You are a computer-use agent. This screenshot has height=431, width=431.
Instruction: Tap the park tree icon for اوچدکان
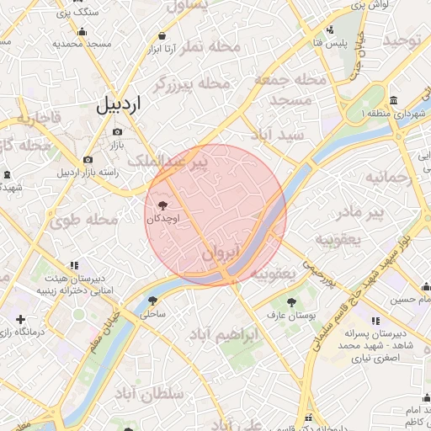[162, 205]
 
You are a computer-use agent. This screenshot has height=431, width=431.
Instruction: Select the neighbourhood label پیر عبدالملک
[177, 163]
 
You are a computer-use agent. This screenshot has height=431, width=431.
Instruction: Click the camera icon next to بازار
[117, 131]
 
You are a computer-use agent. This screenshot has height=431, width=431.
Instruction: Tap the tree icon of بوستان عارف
[290, 301]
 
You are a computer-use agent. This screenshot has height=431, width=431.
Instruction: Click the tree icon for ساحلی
[152, 301]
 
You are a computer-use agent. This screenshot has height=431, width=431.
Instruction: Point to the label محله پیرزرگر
[193, 83]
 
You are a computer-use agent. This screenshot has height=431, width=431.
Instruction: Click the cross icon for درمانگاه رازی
[19, 320]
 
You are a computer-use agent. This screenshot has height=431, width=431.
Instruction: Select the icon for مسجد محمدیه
[82, 31]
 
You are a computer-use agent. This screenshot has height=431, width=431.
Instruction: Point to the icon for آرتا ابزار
[161, 36]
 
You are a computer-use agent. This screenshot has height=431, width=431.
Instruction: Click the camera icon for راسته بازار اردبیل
[88, 159]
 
